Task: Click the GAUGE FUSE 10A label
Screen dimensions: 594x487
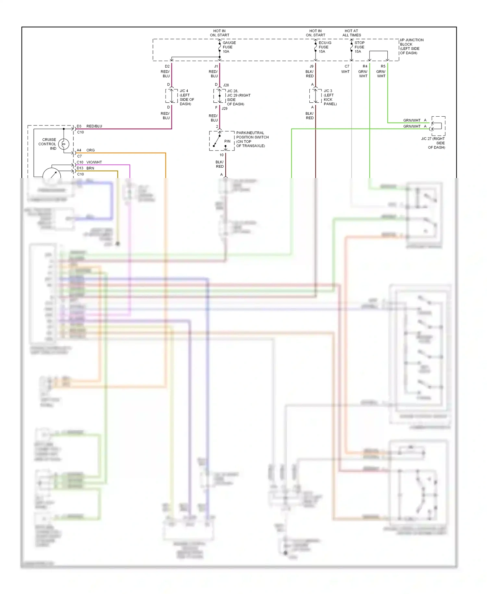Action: tap(229, 47)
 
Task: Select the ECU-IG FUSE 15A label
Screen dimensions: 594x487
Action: tap(325, 47)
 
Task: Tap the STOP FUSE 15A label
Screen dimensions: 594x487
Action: tap(359, 47)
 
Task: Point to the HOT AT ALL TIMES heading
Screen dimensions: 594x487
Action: tap(351, 33)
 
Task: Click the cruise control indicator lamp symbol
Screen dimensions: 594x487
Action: tap(64, 144)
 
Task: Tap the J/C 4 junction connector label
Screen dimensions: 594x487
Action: tap(187, 97)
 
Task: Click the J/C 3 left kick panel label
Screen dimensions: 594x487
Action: tap(330, 97)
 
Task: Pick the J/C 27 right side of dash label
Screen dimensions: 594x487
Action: tap(433, 143)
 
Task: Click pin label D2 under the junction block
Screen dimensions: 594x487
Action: tap(167, 66)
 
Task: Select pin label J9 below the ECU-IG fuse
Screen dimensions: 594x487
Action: tap(311, 66)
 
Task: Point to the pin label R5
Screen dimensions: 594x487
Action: tap(383, 66)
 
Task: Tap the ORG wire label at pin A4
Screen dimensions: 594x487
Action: tap(91, 150)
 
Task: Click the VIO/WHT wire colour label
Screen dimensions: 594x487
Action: tap(94, 162)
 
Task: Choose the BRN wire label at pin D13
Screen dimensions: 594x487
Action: tap(90, 168)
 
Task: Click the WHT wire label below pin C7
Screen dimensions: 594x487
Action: tap(345, 72)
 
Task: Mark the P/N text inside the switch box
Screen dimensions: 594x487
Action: tap(227, 141)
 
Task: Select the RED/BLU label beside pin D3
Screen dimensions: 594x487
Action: tap(94, 126)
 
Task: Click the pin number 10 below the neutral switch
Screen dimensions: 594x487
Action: tap(222, 155)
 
